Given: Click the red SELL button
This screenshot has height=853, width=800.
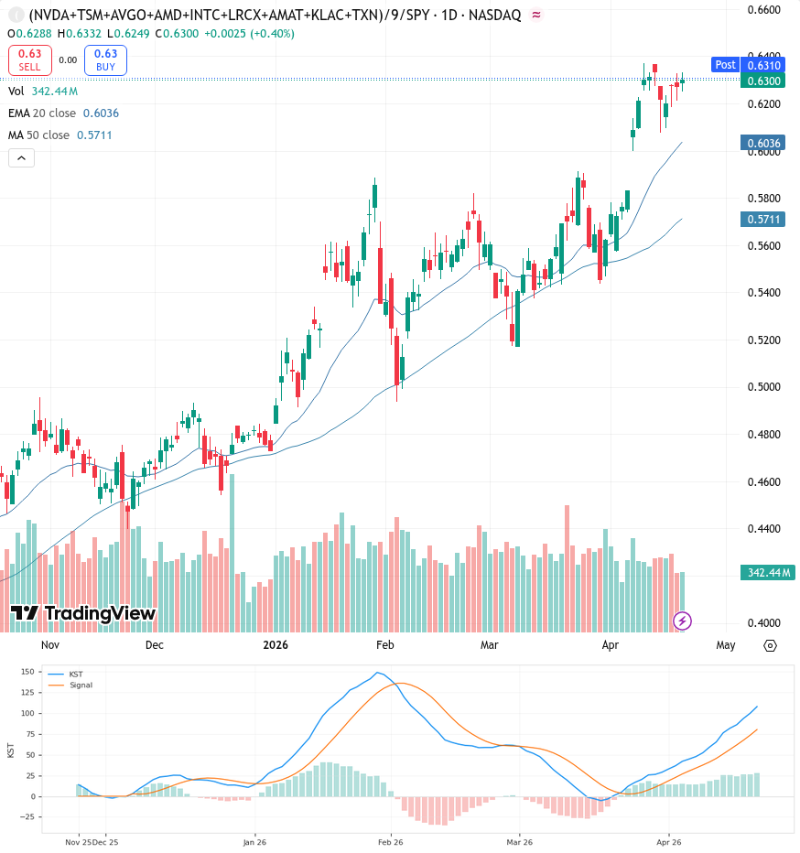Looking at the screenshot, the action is coord(30,59).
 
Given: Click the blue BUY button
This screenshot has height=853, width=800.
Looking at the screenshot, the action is coord(105,59).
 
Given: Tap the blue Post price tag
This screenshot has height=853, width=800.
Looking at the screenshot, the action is coord(725,65).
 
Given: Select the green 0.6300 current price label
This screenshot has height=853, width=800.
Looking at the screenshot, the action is coord(763,81).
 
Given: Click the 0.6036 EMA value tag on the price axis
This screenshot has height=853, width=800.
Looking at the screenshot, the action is coord(763,143).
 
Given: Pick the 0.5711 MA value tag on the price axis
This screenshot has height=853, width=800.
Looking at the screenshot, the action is coord(763,220).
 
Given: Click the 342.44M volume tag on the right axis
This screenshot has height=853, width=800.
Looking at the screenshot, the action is coord(768,572).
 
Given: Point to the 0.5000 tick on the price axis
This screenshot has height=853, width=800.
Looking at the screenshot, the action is coord(763,387).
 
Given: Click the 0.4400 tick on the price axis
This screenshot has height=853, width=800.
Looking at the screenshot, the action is coord(763,528).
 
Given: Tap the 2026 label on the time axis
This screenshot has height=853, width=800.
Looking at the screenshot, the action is coord(276,644).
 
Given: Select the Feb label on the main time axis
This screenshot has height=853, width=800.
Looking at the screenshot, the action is coord(384,644).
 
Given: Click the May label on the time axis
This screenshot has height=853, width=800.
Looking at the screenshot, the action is coord(726,645).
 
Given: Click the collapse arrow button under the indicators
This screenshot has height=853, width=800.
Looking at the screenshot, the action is coord(21,158).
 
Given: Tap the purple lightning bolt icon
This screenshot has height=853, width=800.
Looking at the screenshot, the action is coord(682,621).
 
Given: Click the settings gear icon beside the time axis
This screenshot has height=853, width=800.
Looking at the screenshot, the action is coord(770,646).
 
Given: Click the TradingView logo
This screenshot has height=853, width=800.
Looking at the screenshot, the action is coord(83,613).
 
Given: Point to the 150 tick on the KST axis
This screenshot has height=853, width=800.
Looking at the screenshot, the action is coord(27,671).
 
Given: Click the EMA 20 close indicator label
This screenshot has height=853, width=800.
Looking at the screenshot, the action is coord(42,113).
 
